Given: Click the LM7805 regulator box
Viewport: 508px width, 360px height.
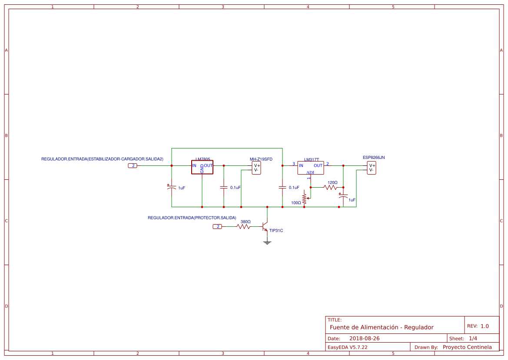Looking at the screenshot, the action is pyautogui.click(x=202, y=167).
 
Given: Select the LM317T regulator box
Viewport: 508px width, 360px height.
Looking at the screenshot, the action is pyautogui.click(x=310, y=168).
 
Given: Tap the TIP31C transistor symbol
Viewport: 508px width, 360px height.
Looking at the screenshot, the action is pyautogui.click(x=266, y=226).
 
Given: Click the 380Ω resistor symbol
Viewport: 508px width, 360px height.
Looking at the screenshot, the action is pyautogui.click(x=244, y=227).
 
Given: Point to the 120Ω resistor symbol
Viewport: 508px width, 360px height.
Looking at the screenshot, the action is pyautogui.click(x=330, y=187).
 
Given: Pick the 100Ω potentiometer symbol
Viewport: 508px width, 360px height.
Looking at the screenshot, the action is pyautogui.click(x=304, y=198).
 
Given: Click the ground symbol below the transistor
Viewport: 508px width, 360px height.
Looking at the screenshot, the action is pyautogui.click(x=267, y=242).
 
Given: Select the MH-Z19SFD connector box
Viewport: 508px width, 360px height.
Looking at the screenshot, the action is pyautogui.click(x=256, y=168).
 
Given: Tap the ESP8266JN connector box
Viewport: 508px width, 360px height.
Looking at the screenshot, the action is pyautogui.click(x=371, y=168).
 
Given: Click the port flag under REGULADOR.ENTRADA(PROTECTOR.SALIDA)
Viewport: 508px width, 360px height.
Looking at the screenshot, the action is pyautogui.click(x=217, y=227).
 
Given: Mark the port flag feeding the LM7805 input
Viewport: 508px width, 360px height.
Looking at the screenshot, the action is pyautogui.click(x=133, y=165).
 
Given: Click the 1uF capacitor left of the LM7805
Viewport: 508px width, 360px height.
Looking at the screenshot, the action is pyautogui.click(x=171, y=188).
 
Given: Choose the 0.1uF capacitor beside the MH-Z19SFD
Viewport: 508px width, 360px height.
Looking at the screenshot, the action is pyautogui.click(x=223, y=187).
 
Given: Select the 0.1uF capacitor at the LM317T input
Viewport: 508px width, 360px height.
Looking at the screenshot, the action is pyautogui.click(x=282, y=187).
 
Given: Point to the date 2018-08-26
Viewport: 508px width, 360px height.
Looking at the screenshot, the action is pyautogui.click(x=364, y=338).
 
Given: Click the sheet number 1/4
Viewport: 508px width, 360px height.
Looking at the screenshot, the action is pyautogui.click(x=473, y=338).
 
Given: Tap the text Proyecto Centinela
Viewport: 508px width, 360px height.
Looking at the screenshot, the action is pyautogui.click(x=467, y=347).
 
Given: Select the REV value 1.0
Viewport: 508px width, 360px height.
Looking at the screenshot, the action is pyautogui.click(x=485, y=326).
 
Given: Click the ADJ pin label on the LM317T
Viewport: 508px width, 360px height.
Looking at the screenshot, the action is pyautogui.click(x=310, y=172).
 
